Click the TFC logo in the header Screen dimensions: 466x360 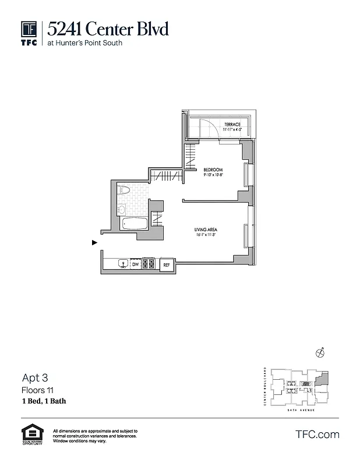[x=29, y=33]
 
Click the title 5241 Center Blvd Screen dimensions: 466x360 [x=108, y=28]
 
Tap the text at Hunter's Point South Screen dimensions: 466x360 [x=86, y=43]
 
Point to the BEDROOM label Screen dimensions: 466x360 [x=213, y=170]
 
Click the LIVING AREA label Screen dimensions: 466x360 [x=206, y=231]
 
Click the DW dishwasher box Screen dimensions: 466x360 [x=135, y=264]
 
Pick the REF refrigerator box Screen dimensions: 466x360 [x=167, y=264]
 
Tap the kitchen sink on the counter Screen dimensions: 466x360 [x=122, y=264]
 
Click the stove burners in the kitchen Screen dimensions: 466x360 [x=149, y=264]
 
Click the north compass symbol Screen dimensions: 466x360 [x=320, y=352]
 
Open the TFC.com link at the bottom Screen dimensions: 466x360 [x=317, y=435]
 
